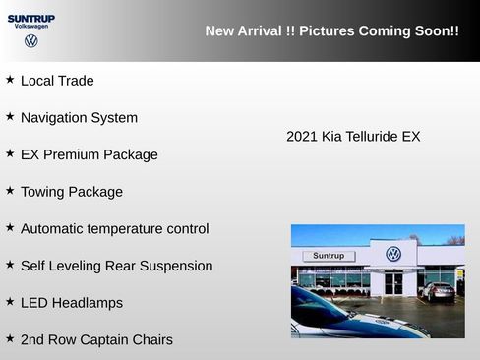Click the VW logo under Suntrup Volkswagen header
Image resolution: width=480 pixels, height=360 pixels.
click(x=31, y=41)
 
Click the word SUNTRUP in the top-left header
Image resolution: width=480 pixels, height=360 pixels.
click(x=31, y=18)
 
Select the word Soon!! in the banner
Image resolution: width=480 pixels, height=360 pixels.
click(x=436, y=31)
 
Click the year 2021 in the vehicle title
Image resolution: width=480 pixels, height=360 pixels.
click(x=302, y=136)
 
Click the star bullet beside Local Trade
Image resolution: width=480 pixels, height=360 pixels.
click(x=10, y=80)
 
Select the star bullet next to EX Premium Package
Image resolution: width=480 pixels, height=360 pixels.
click(x=10, y=153)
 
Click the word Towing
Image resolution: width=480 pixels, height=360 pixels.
click(x=44, y=192)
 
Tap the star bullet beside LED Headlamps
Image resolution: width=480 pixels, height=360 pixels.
click(x=10, y=302)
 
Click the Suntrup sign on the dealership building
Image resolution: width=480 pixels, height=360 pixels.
click(x=328, y=256)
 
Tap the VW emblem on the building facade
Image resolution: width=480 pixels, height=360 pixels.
click(x=393, y=254)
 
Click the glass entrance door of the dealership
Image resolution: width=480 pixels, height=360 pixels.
click(x=393, y=283)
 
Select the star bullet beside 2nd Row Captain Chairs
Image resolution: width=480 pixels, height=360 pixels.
click(x=10, y=339)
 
